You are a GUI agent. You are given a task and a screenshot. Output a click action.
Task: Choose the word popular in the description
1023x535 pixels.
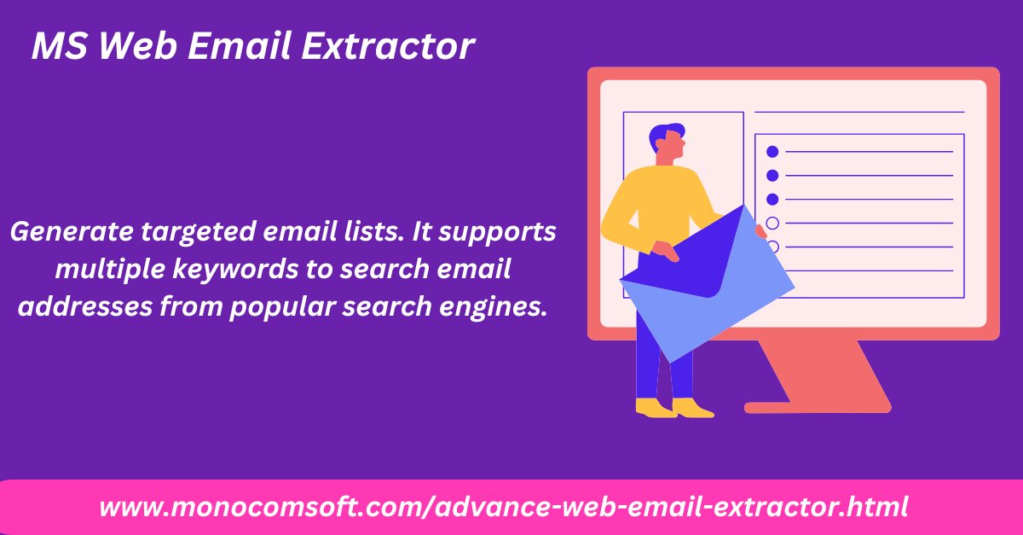280,307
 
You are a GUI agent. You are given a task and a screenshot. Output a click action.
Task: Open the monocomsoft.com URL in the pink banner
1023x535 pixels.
503,507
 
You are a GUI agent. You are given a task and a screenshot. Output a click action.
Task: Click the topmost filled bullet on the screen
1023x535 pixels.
772,152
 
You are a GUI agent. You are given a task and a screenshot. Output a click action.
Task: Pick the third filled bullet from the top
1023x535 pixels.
772,200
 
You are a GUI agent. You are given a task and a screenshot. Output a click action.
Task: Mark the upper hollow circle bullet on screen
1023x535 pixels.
772,224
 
